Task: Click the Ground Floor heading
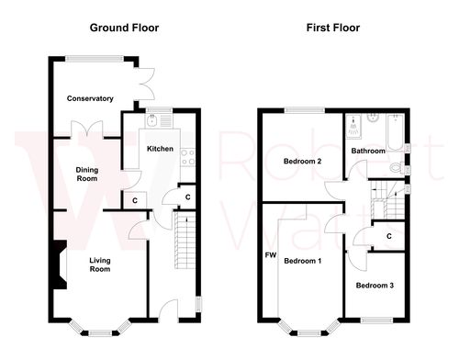124,28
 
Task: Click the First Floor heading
333,28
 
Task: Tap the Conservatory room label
90,98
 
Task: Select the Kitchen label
161,149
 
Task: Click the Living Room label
99,264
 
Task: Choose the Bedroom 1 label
302,261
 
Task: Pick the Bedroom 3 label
375,286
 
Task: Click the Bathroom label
367,150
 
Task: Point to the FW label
270,254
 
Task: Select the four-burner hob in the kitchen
187,156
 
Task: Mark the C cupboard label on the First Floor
389,236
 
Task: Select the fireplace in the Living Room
59,264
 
